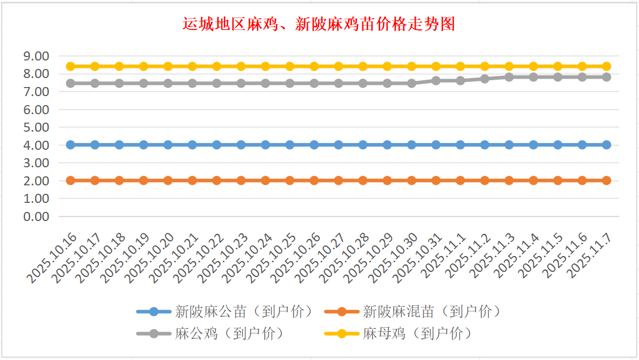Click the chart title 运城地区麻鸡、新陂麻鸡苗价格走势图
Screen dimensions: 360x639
tap(319, 24)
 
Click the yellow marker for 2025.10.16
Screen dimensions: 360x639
tap(71, 66)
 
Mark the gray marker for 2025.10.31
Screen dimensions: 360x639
tap(436, 81)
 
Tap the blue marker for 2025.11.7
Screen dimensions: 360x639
tap(606, 145)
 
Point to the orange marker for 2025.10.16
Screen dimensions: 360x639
tap(71, 180)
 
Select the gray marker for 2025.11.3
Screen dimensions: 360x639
tap(509, 77)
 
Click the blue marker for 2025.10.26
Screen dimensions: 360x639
tap(314, 145)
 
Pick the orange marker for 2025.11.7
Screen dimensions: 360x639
tap(606, 180)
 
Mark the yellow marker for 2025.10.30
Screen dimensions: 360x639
tap(412, 66)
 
